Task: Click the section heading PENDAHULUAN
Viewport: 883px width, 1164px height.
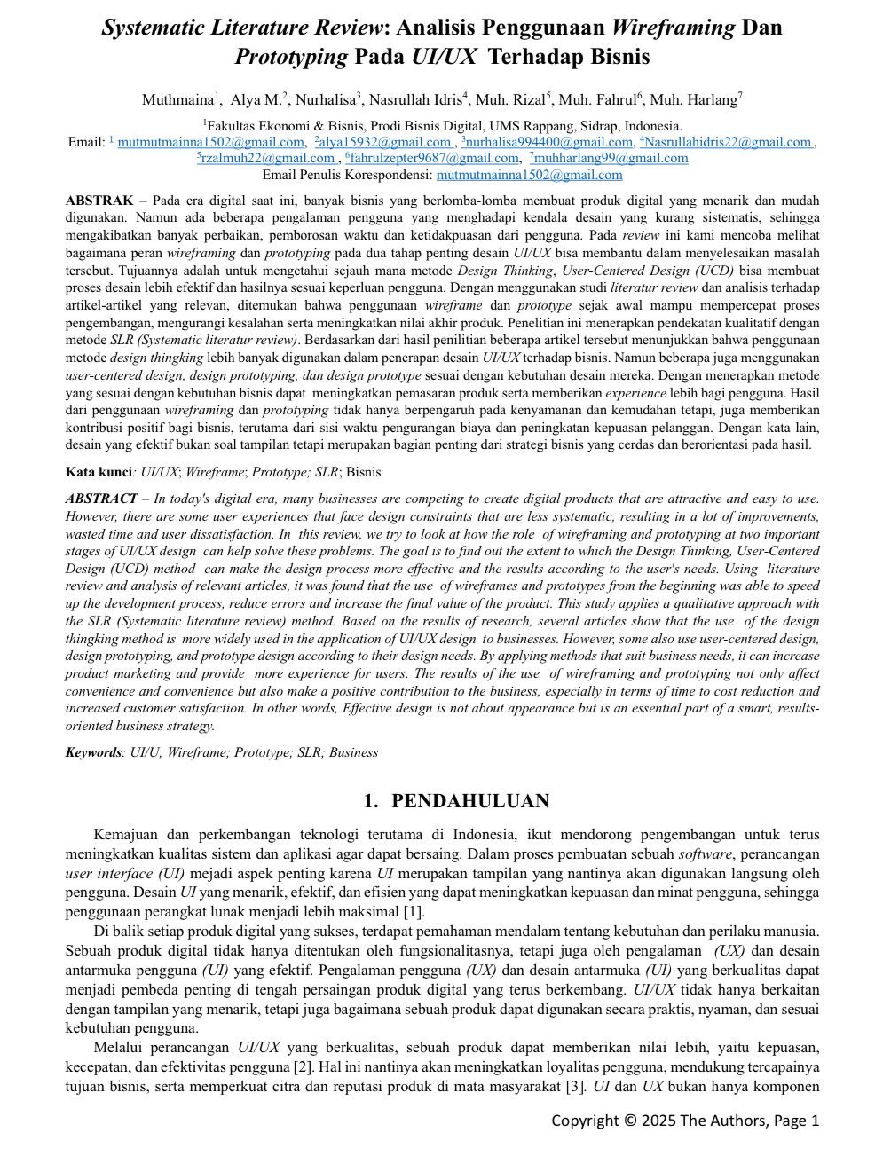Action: point(469,801)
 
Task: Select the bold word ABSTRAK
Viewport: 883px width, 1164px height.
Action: point(99,201)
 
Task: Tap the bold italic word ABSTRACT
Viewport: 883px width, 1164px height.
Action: point(101,499)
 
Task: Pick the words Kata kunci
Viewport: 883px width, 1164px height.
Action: point(99,472)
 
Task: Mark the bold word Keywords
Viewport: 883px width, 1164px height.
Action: point(93,752)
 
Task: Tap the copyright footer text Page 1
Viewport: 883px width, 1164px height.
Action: point(797,1121)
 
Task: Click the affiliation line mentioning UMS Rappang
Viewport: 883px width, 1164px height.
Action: point(442,126)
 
